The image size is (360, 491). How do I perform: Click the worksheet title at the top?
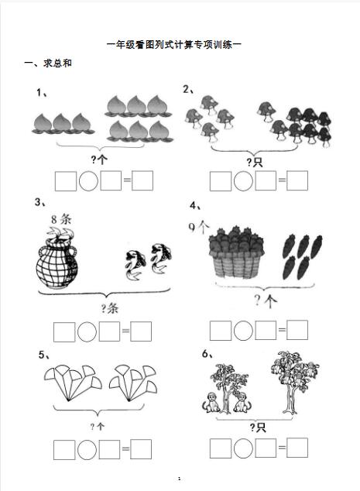(x=174, y=45)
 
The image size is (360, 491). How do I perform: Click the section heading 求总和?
(x=57, y=64)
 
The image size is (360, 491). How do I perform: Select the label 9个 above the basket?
(x=199, y=227)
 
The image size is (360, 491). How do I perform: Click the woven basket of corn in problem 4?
(x=236, y=252)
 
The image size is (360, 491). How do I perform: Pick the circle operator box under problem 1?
(x=88, y=180)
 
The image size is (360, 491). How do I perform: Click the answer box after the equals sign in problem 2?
(x=297, y=180)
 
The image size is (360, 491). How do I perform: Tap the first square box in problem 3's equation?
(x=64, y=332)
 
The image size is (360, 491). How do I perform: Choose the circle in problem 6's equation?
(x=243, y=448)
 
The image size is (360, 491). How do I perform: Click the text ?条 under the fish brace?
(x=110, y=309)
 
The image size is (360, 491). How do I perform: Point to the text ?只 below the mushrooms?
(x=254, y=162)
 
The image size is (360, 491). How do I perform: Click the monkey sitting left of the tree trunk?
(x=211, y=403)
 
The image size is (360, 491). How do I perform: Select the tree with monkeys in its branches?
(x=294, y=382)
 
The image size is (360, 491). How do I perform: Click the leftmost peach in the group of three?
(x=43, y=124)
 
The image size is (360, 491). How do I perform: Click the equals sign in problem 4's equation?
(x=282, y=330)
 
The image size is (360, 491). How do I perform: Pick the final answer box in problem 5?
(x=141, y=449)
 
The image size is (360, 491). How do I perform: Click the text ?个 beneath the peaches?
(x=99, y=160)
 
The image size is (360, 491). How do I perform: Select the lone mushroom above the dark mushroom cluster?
(x=267, y=112)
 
